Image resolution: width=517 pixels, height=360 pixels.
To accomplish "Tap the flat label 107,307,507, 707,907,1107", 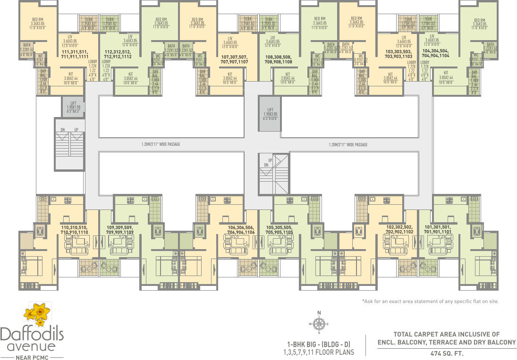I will pyautogui.click(x=235, y=59).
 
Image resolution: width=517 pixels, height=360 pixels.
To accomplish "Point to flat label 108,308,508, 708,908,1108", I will pyautogui.click(x=278, y=59).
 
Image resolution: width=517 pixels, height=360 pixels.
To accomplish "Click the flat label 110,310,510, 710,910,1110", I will pyautogui.click(x=75, y=229).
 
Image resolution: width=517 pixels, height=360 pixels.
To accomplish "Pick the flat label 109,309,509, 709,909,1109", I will pyautogui.click(x=120, y=229).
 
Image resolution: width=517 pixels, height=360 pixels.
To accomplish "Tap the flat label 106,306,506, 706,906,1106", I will pyautogui.click(x=241, y=229).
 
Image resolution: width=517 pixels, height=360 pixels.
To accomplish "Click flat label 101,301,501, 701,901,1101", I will pyautogui.click(x=438, y=229).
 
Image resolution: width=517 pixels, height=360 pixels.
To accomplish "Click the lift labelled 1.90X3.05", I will pyautogui.click(x=271, y=114).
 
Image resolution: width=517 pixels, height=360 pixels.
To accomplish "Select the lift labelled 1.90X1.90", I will pyautogui.click(x=73, y=108).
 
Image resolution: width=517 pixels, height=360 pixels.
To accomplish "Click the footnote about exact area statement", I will pyautogui.click(x=430, y=301).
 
